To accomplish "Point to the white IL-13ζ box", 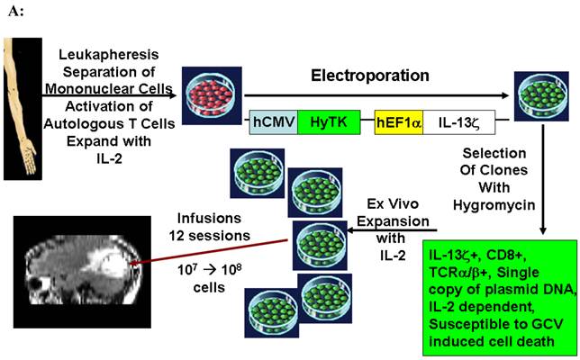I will click(x=456, y=120).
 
